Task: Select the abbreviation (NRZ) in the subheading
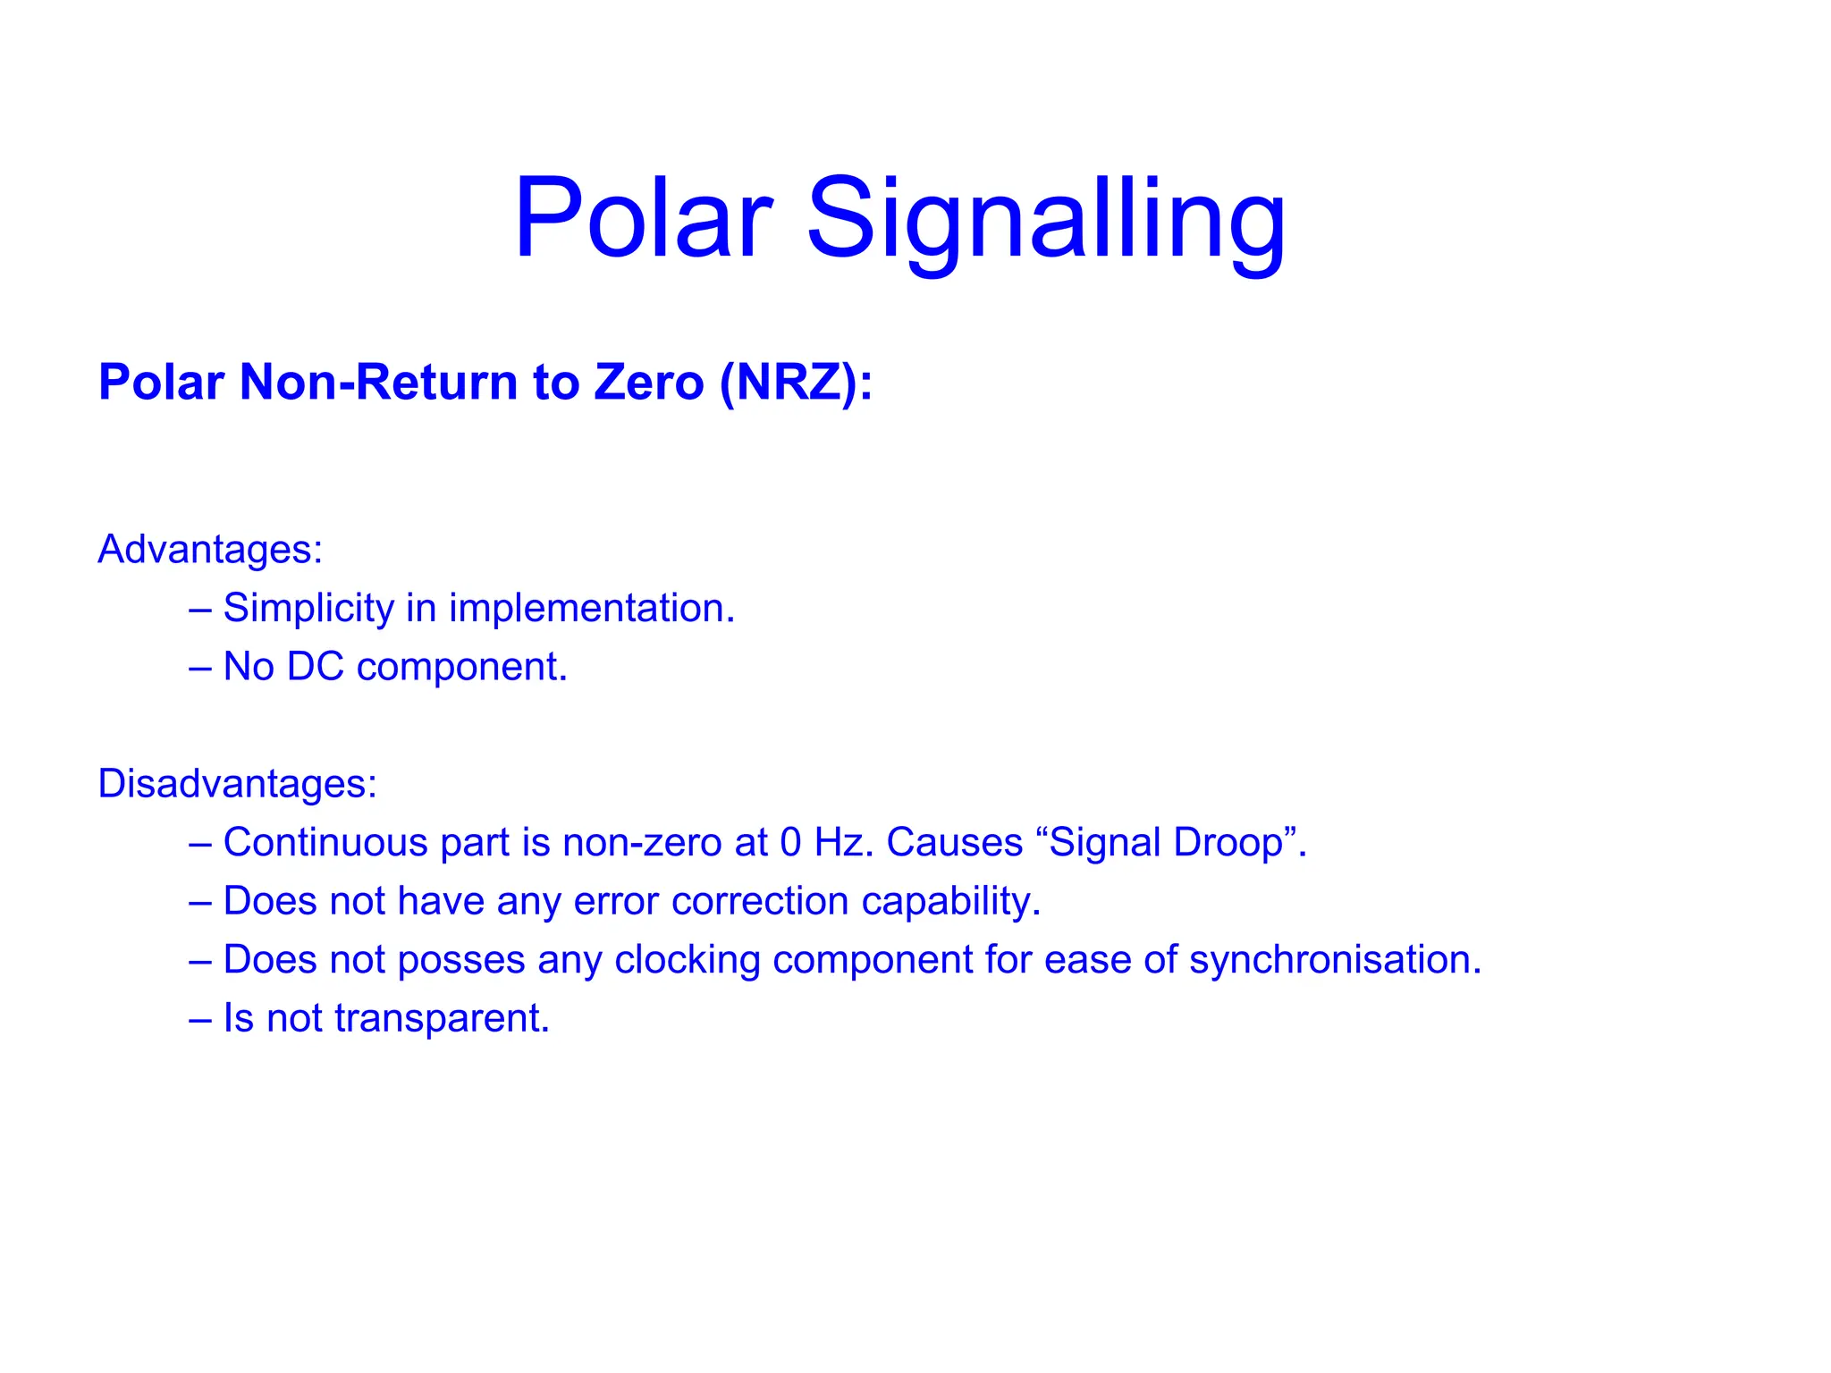796,383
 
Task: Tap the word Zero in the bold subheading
649,383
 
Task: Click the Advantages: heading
210,549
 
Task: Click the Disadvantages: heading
238,783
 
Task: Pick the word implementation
591,609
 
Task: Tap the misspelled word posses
461,960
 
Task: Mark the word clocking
687,960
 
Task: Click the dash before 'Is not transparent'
199,1019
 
